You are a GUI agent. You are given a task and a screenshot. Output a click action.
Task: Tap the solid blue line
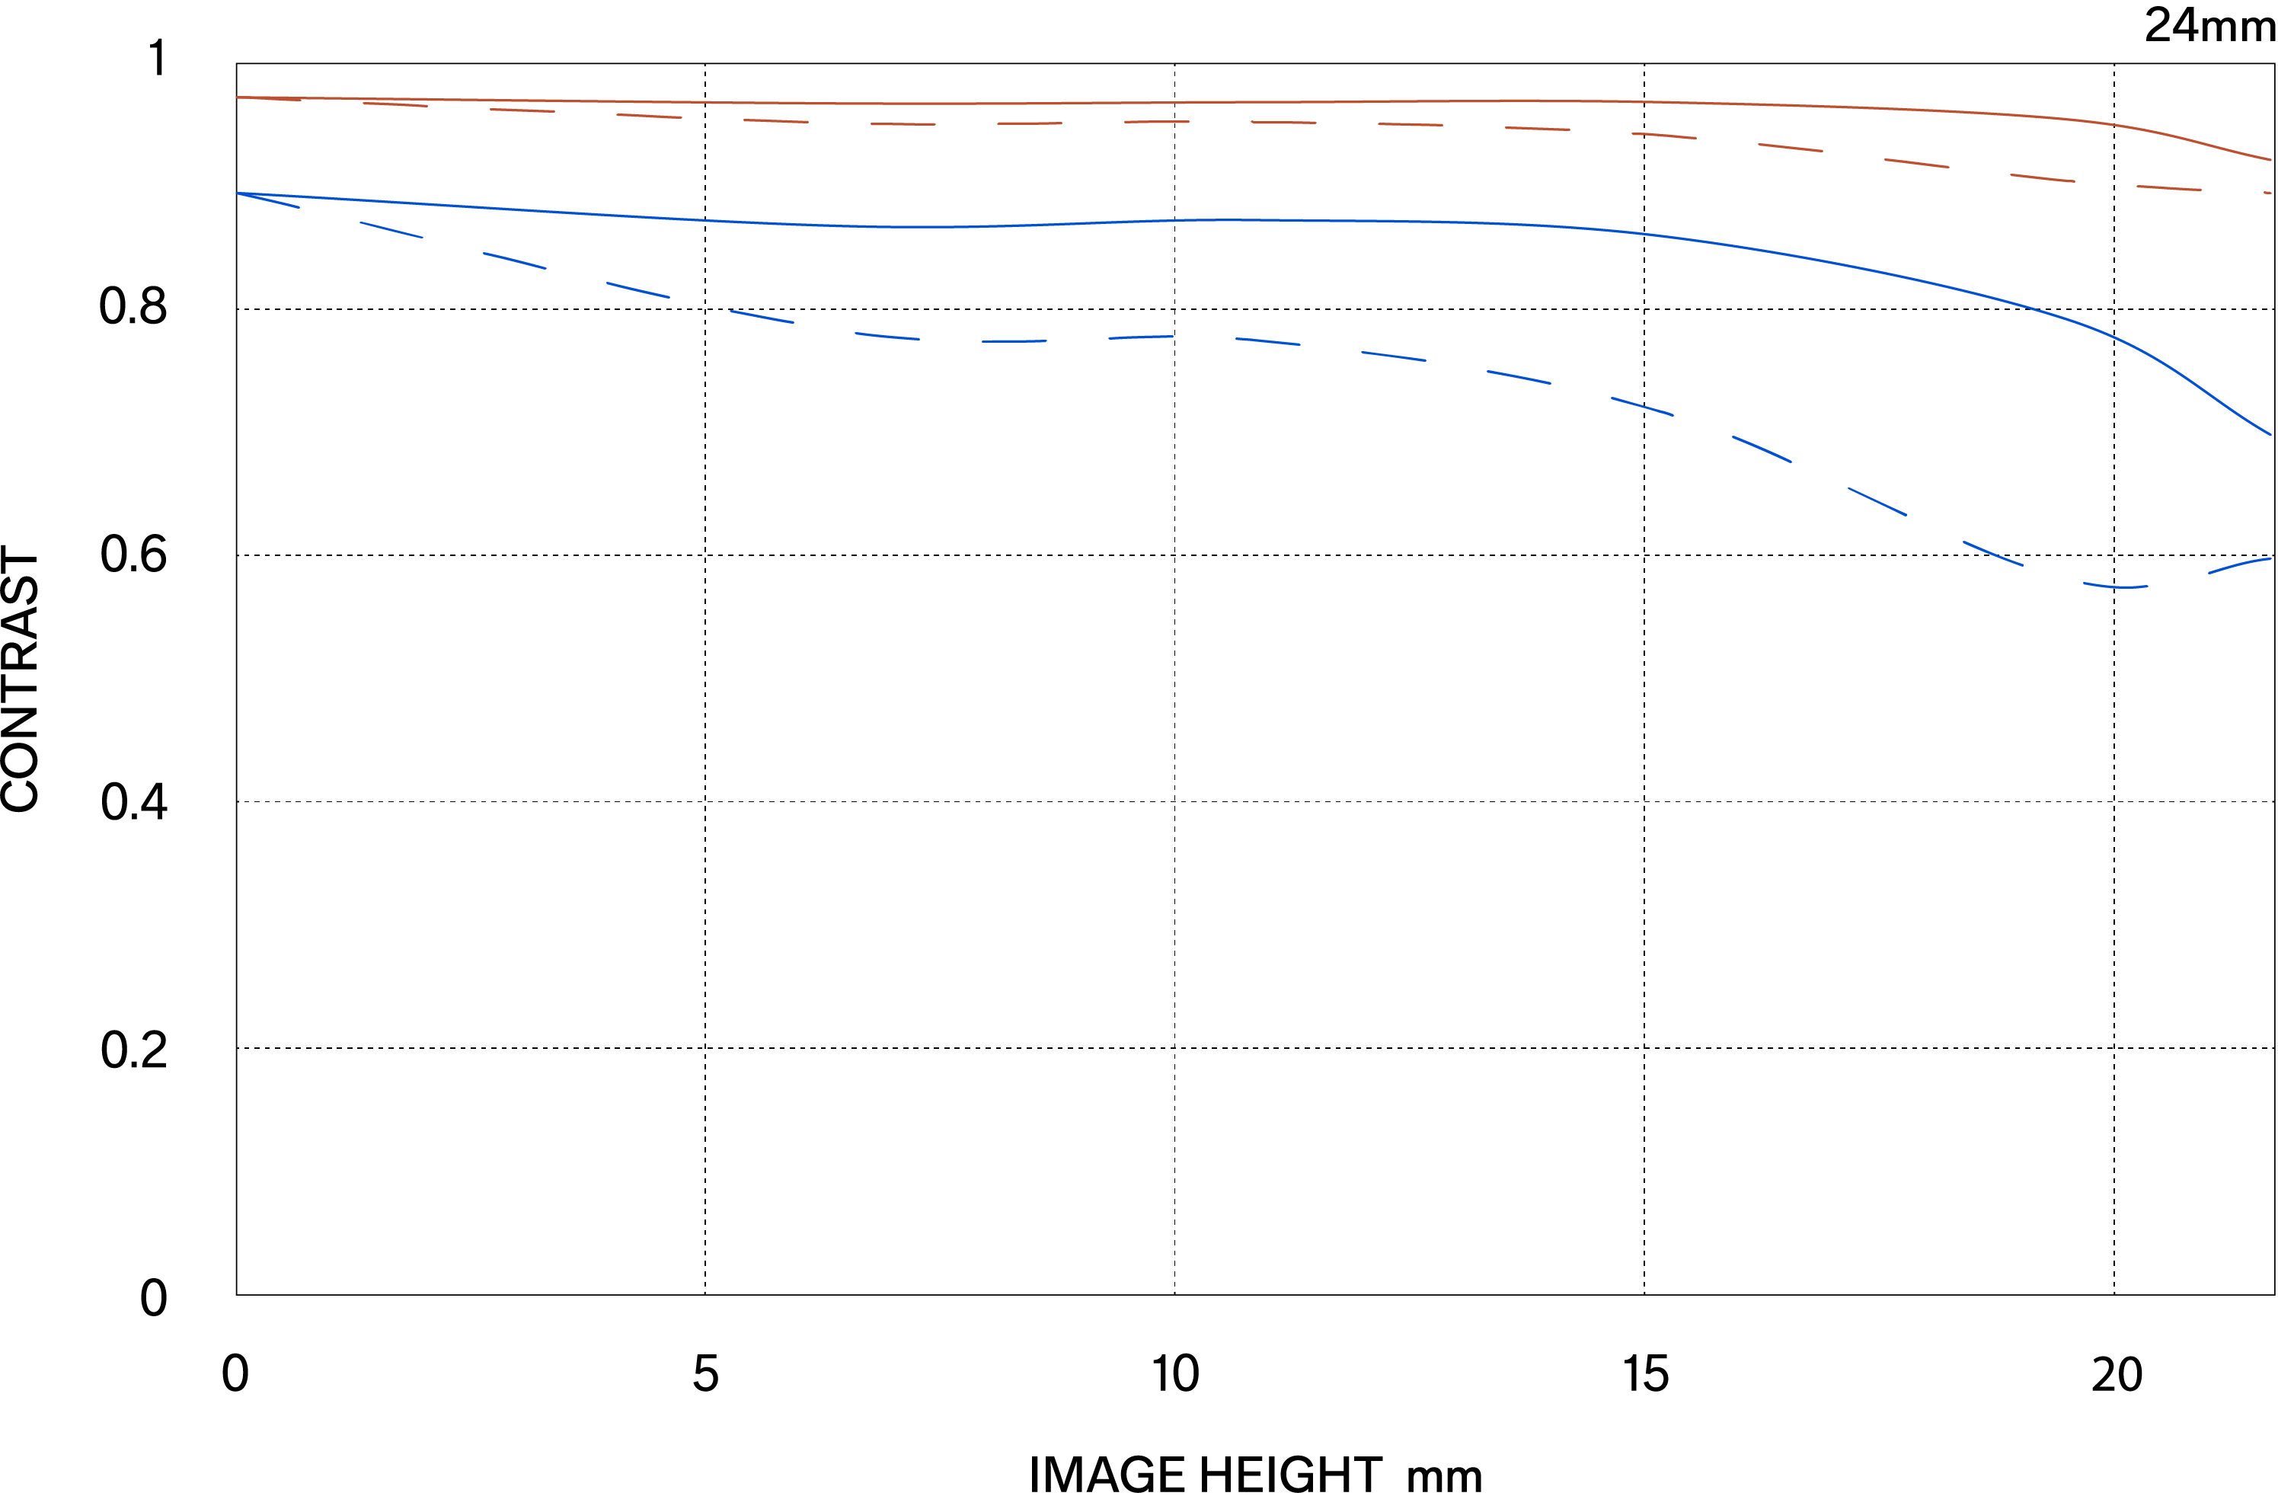coord(1244,220)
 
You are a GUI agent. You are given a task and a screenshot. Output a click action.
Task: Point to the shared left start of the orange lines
coord(238,97)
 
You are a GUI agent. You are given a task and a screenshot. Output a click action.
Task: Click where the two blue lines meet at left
coord(238,193)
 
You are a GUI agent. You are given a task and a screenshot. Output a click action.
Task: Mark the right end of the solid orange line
coord(2270,160)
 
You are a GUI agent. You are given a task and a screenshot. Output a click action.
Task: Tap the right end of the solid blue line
coord(2270,434)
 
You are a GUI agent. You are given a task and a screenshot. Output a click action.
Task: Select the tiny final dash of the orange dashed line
coord(2267,193)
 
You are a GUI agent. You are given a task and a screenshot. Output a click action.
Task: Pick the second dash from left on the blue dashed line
coord(391,230)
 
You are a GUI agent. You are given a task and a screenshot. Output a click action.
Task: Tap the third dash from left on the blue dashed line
coord(515,261)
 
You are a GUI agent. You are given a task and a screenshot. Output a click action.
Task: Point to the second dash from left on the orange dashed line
coord(395,104)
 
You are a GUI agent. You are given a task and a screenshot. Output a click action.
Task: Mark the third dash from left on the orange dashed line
coord(522,110)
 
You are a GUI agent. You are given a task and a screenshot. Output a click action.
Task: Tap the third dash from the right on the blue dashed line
coord(1992,555)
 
